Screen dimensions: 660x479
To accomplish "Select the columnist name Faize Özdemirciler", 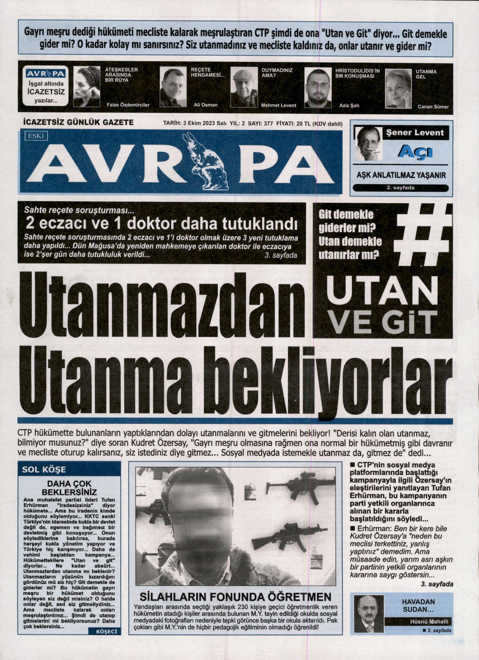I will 128,105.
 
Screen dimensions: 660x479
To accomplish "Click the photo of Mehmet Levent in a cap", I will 244,87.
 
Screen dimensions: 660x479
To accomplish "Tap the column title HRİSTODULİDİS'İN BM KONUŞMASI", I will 357,73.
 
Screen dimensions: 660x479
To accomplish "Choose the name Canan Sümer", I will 433,107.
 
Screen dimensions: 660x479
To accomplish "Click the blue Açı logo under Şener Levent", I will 415,152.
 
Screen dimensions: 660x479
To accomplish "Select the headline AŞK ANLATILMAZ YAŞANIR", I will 401,176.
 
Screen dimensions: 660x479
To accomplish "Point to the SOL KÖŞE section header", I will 44,470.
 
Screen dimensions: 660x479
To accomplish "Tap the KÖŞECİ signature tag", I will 106,631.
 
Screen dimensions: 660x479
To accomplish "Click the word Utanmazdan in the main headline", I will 162,308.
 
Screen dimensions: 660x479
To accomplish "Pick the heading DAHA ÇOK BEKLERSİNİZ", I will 69,488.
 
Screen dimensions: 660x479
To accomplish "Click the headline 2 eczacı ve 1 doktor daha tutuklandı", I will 162,224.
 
